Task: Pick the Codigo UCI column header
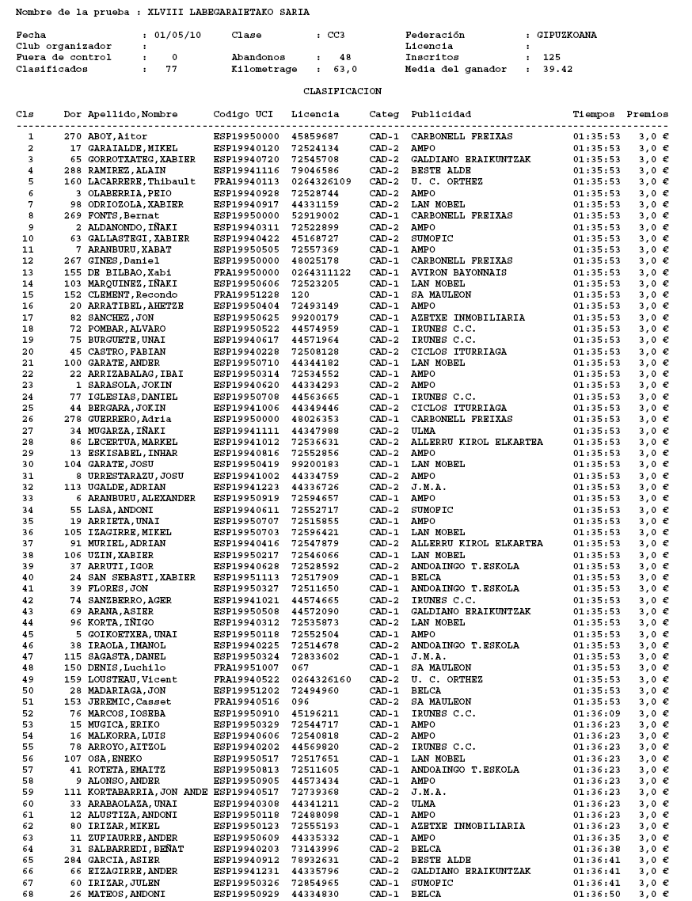[243, 115]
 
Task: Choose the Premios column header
[647, 115]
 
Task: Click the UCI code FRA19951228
[243, 295]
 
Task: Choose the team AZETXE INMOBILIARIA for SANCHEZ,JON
[467, 317]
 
